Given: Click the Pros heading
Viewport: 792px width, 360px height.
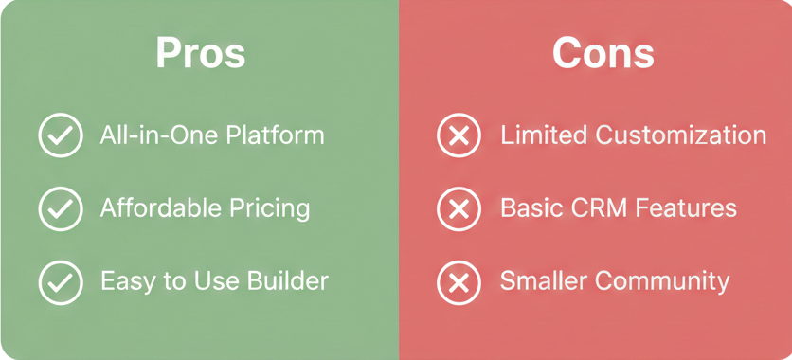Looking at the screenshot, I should (201, 53).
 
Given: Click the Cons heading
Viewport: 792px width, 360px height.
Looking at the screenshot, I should (603, 53).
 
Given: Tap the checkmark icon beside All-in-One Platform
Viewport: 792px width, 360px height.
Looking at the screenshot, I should (61, 135).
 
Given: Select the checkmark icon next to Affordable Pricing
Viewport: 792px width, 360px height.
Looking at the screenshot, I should (61, 208).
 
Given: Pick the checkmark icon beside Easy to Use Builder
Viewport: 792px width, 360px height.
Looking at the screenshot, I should (61, 281).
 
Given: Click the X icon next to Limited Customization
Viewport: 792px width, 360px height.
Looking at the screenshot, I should (459, 135).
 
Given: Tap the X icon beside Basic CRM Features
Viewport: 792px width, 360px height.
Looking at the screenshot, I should (459, 208).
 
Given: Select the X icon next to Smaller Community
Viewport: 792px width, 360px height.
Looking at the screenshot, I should (459, 281).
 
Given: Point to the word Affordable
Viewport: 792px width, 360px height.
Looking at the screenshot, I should (156, 208).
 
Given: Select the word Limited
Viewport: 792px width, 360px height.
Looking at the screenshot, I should (543, 135).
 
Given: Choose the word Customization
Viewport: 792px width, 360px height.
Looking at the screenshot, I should (680, 135).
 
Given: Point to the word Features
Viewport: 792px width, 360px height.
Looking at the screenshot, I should (689, 208).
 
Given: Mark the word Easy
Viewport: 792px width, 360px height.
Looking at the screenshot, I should (123, 281).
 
